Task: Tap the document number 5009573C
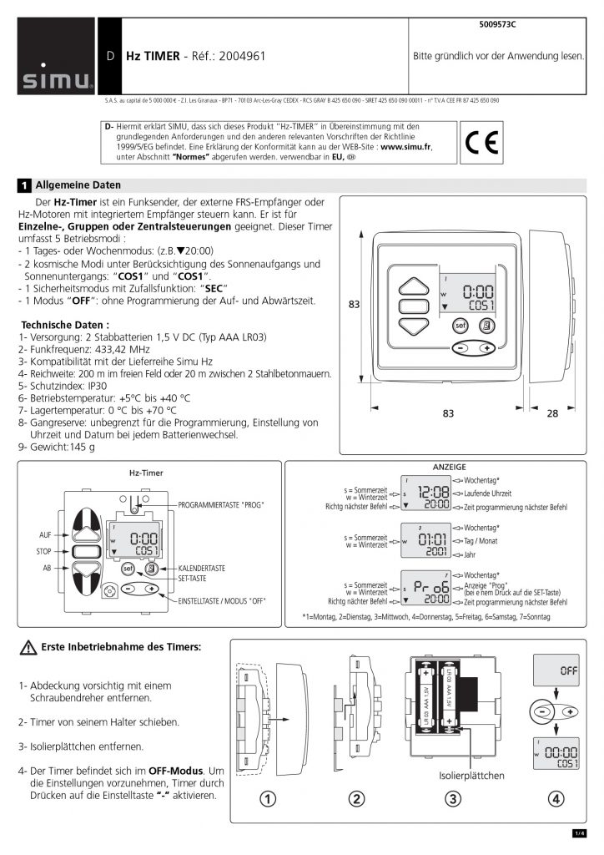[498, 26]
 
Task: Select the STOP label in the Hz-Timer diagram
[44, 552]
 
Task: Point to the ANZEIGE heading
[450, 466]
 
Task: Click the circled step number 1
[267, 799]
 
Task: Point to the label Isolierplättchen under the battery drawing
[472, 776]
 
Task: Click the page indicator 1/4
[579, 832]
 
